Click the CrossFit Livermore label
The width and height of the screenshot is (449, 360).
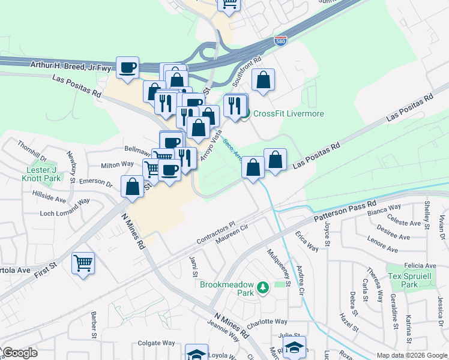click(288, 114)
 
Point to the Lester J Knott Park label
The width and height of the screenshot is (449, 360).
click(43, 174)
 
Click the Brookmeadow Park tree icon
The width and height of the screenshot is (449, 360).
click(262, 289)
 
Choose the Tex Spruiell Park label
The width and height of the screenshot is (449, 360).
click(410, 280)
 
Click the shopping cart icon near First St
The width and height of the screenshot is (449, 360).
click(83, 263)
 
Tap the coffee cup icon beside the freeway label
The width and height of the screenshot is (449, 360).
click(127, 67)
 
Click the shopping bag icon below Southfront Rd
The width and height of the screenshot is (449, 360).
click(263, 80)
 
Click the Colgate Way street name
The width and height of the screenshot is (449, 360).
click(156, 343)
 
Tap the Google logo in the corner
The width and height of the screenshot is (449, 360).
click(20, 353)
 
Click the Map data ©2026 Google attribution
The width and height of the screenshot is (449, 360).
click(411, 355)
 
